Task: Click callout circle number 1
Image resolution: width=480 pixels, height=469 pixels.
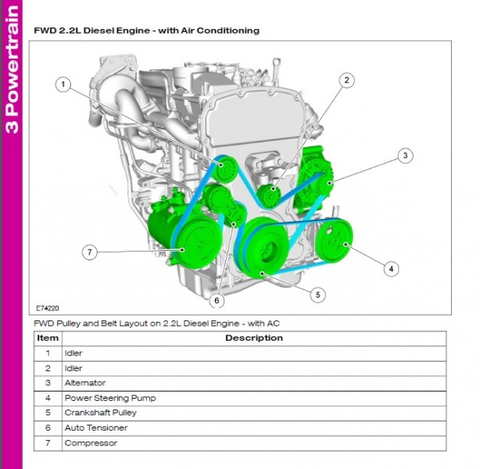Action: coord(63,84)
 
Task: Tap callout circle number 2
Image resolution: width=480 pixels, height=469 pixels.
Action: coord(347,80)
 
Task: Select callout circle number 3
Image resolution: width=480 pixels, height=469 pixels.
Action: coord(404,156)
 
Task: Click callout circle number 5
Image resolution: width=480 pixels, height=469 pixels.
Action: coord(317,294)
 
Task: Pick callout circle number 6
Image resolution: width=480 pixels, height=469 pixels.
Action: coord(217,299)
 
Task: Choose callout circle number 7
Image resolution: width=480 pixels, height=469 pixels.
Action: coord(90,252)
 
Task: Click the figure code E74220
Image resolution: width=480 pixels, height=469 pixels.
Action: coord(48,309)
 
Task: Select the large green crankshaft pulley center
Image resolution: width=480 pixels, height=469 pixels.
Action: coord(267,249)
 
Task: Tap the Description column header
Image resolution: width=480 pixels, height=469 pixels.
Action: coord(253,338)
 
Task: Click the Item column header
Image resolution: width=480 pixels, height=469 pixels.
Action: coord(48,338)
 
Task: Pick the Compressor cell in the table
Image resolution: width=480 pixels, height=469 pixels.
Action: coord(91,443)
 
